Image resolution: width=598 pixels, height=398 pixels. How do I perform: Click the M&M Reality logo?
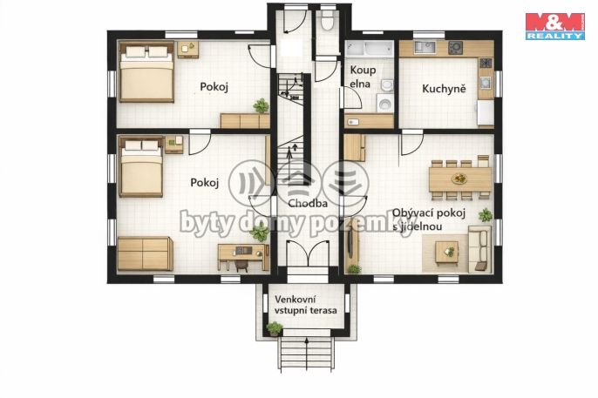click(x=555, y=26)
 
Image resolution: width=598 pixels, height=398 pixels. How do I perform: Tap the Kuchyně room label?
click(x=444, y=89)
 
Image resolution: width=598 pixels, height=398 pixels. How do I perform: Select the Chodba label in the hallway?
click(x=308, y=204)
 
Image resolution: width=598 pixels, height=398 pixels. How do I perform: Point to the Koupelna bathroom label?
click(x=363, y=77)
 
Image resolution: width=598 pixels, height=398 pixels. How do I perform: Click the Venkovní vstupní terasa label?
click(x=306, y=305)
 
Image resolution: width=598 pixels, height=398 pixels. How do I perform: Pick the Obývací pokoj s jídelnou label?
click(x=429, y=219)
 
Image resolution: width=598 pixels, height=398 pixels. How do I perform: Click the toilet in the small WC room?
click(x=327, y=21)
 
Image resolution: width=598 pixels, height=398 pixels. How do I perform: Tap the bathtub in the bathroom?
click(x=370, y=49)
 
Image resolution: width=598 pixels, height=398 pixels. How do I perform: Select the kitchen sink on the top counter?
click(x=425, y=47)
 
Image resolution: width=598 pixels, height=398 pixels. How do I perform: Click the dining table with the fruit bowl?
click(x=460, y=179)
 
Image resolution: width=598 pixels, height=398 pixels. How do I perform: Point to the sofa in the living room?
click(x=479, y=248)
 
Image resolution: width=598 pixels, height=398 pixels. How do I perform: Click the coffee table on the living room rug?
click(x=447, y=252)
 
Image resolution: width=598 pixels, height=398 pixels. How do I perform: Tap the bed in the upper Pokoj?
click(x=146, y=71)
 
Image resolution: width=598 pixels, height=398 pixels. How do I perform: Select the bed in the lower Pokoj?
click(x=141, y=167)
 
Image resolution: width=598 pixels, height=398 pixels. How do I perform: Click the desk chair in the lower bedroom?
click(x=241, y=266)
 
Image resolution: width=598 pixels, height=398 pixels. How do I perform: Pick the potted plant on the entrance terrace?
click(x=275, y=328)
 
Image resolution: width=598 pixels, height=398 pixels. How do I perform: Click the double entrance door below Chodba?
click(x=308, y=253)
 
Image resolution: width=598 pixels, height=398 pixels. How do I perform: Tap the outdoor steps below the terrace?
click(x=307, y=354)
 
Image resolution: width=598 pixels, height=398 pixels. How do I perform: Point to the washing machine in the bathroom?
click(x=384, y=104)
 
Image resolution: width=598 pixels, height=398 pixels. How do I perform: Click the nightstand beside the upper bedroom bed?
click(x=188, y=50)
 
